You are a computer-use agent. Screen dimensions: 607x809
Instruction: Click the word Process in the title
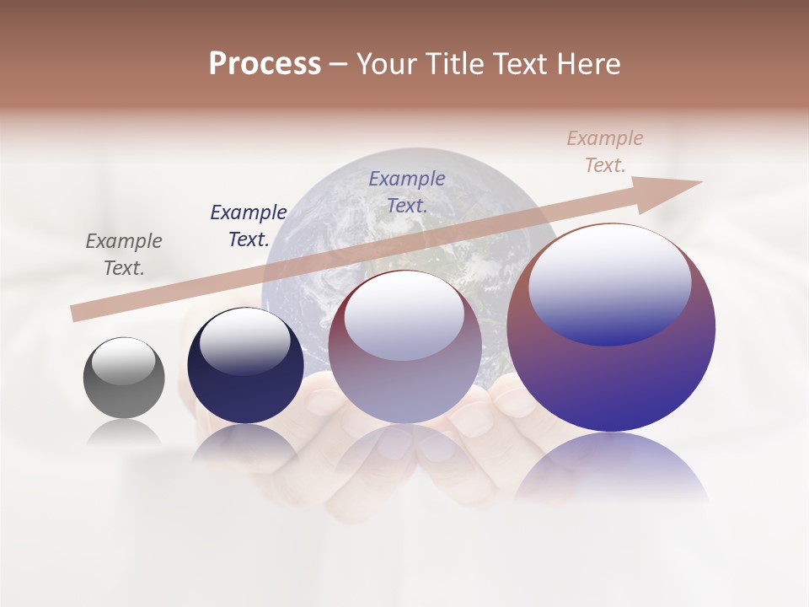tap(265, 64)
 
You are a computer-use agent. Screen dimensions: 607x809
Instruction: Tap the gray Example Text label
tap(124, 255)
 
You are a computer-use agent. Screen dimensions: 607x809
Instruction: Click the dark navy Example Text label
tap(249, 226)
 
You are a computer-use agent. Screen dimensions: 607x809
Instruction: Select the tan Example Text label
tap(605, 152)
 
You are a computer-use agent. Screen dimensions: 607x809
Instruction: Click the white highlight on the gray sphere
tap(123, 362)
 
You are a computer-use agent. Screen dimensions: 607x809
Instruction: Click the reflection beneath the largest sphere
tap(611, 468)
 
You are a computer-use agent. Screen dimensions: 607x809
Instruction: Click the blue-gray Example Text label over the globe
tap(407, 191)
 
